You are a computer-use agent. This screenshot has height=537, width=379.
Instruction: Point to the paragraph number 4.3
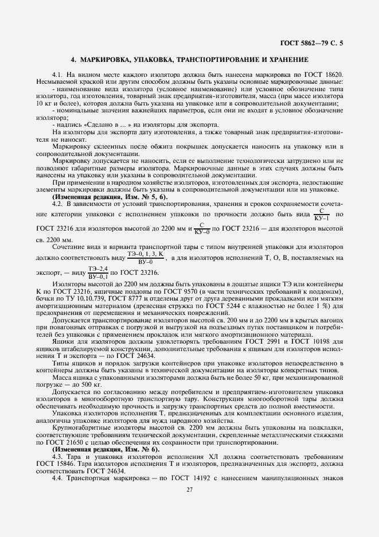point(58,457)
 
